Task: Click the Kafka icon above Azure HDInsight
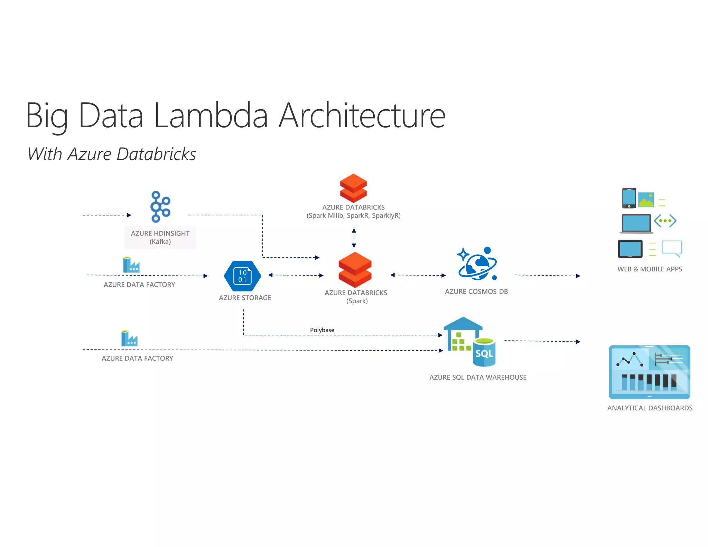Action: point(160,207)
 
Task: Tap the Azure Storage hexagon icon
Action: point(242,276)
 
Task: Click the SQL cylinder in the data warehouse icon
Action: point(484,353)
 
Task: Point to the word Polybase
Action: point(322,330)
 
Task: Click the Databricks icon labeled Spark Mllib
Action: point(353,188)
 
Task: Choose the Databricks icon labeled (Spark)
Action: point(355,270)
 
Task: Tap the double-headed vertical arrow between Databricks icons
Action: point(354,238)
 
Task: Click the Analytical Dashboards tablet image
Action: point(649,372)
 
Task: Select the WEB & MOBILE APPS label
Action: point(650,269)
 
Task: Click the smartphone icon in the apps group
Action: point(629,198)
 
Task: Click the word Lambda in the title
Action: point(211,115)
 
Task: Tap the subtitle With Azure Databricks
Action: point(112,154)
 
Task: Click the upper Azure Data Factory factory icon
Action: point(131,265)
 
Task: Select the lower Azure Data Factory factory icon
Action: point(129,338)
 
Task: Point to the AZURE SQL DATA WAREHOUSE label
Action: point(478,377)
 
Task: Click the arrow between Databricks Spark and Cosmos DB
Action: point(418,275)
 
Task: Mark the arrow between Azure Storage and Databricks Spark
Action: point(296,275)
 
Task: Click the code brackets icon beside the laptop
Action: point(665,221)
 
